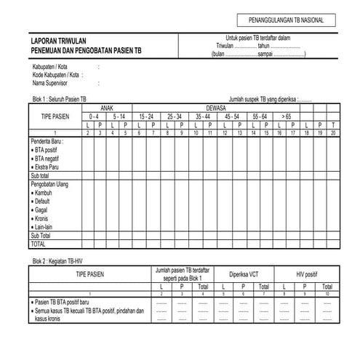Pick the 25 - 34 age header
tap(175, 116)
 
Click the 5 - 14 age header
tap(120, 116)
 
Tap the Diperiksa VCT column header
tap(243, 274)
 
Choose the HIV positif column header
tap(308, 274)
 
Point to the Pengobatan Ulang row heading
tap(53, 185)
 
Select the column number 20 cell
tap(333, 132)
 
